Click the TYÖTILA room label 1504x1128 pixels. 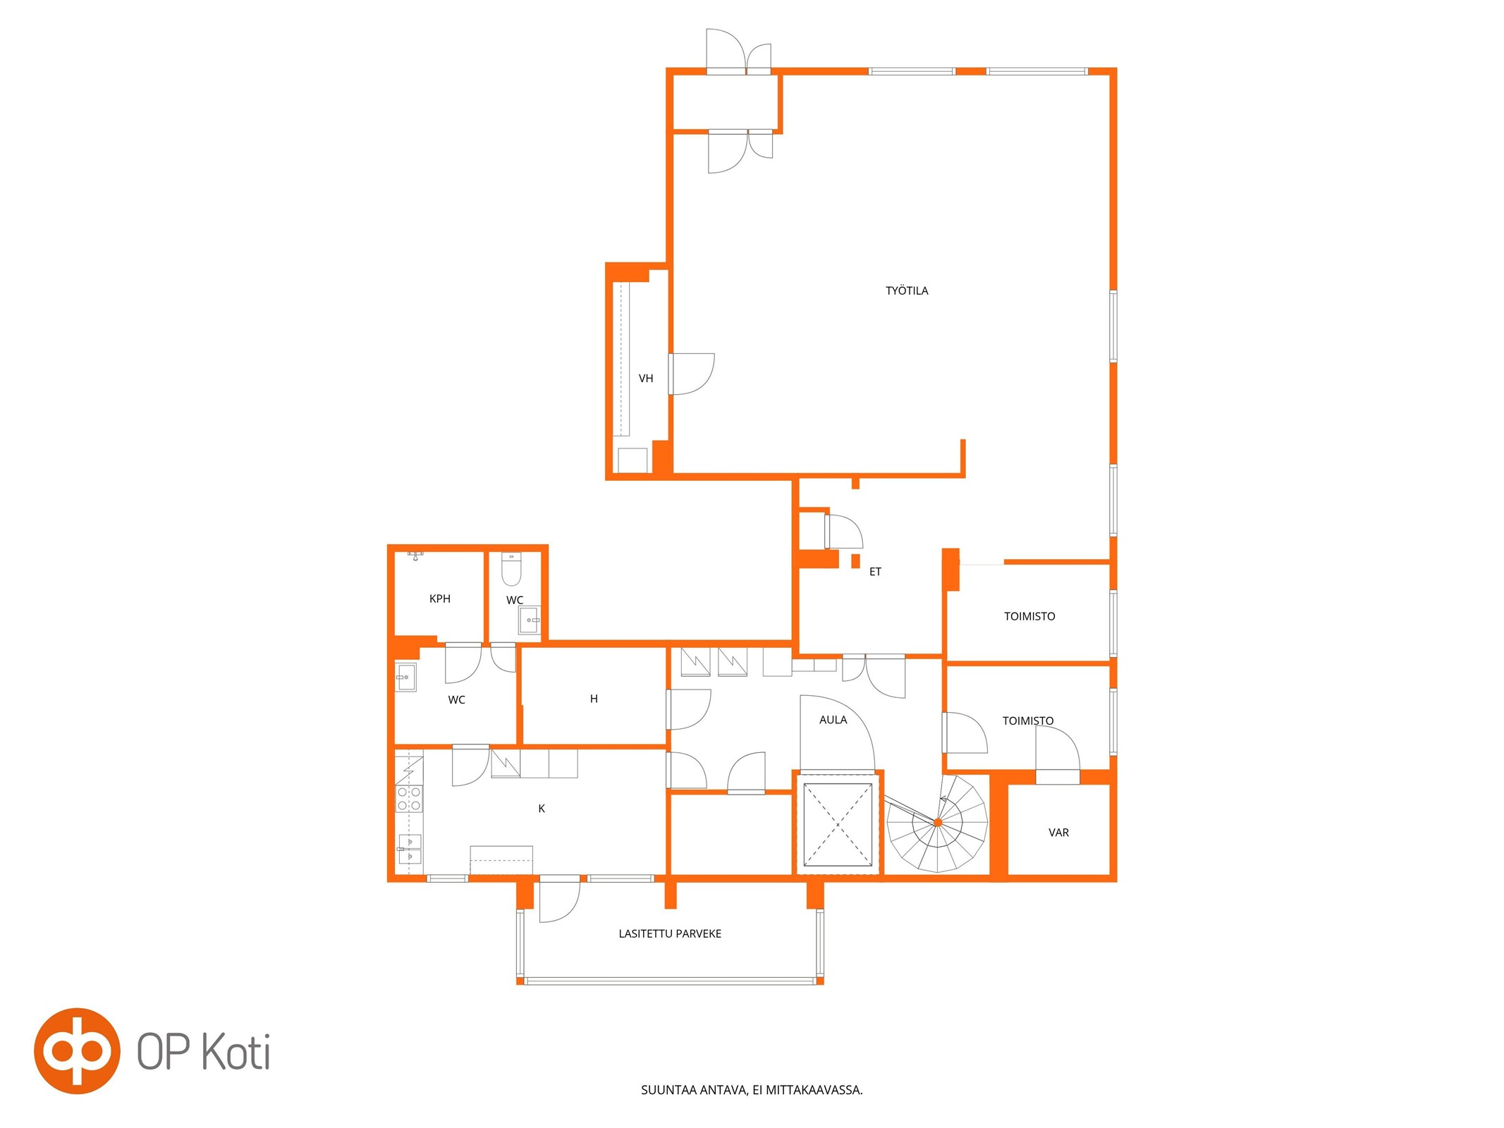[907, 290]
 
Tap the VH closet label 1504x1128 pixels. [646, 379]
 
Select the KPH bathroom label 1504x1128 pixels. [440, 599]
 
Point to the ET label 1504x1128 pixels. [875, 572]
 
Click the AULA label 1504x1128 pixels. [833, 720]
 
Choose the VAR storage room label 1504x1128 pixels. [1058, 833]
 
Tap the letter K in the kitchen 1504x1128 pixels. [542, 809]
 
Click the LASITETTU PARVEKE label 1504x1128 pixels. [670, 933]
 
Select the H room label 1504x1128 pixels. [594, 699]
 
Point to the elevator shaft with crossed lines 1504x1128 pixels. [838, 823]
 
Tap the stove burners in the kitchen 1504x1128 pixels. [409, 799]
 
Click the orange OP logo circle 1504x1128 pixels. [77, 1050]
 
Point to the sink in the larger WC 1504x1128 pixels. [405, 678]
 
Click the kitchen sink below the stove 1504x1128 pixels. [410, 849]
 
